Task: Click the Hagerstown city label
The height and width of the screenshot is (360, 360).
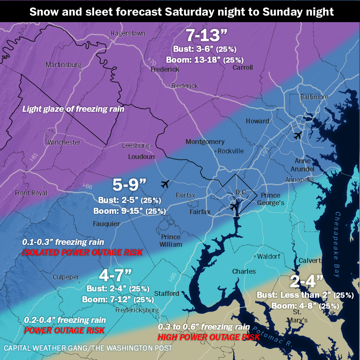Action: [x=128, y=33]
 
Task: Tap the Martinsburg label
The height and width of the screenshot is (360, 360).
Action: [x=63, y=65]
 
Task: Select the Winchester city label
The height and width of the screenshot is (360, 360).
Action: [x=64, y=142]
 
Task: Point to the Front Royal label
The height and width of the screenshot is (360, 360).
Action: [x=31, y=193]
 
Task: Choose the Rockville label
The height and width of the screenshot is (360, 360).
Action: [x=231, y=151]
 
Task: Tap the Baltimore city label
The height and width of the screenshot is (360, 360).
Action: [x=314, y=97]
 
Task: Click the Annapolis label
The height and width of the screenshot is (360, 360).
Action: [x=300, y=179]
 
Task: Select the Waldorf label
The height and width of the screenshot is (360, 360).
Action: [x=269, y=256]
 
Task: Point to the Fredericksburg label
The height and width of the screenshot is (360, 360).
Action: [x=137, y=310]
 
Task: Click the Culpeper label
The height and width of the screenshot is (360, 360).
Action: [x=66, y=277]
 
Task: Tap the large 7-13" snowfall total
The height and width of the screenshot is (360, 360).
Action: [x=207, y=36]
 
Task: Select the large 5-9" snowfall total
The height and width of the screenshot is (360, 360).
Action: [x=129, y=185]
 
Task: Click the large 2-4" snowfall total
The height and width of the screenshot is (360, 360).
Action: [x=306, y=281]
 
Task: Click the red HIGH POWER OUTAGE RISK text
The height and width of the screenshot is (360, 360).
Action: [x=208, y=337]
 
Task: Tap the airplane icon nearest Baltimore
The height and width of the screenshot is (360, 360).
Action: [x=298, y=135]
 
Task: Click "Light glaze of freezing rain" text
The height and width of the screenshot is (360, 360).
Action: [x=73, y=109]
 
